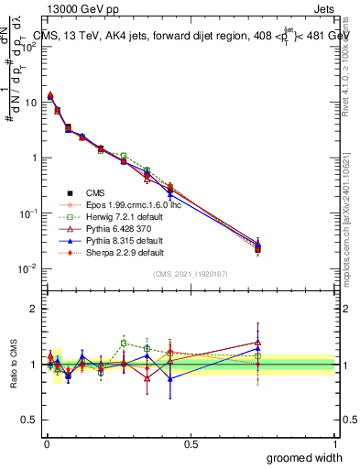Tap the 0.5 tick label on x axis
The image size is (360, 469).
click(x=191, y=444)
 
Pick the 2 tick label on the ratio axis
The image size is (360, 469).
click(x=34, y=309)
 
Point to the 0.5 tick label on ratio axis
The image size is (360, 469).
click(x=30, y=420)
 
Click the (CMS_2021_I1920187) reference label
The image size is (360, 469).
click(x=191, y=274)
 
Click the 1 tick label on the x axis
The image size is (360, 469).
click(x=334, y=444)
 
